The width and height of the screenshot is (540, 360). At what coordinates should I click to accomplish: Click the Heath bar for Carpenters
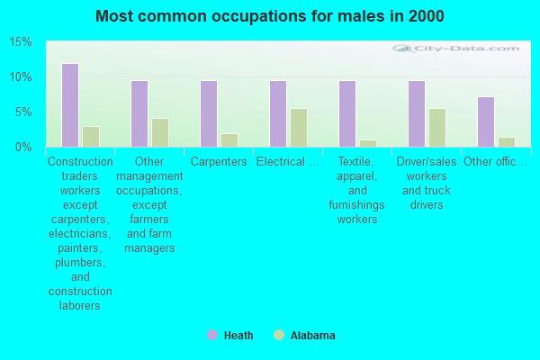(x=208, y=113)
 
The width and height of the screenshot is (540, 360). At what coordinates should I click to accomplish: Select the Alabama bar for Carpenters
(x=229, y=139)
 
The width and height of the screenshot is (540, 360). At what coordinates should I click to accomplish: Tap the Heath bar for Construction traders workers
(x=69, y=105)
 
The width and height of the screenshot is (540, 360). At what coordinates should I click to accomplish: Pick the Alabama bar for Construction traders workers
(x=91, y=136)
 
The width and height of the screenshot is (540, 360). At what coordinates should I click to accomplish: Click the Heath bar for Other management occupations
(x=139, y=113)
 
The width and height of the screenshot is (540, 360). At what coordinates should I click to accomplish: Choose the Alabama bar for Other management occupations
(x=160, y=132)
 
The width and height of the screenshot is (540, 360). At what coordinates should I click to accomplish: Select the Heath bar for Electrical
(x=277, y=113)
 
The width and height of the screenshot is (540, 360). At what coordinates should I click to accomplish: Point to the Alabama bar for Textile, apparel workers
(x=368, y=143)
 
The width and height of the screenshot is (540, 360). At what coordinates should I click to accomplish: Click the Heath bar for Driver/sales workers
(x=416, y=113)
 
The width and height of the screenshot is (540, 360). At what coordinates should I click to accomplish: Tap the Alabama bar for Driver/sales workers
(x=437, y=127)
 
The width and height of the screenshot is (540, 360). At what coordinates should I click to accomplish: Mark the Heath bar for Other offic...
(x=485, y=121)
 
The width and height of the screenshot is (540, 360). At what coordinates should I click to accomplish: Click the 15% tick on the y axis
(x=21, y=42)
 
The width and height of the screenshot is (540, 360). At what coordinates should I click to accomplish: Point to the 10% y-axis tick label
(x=21, y=77)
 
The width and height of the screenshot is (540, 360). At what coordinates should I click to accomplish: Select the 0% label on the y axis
(x=23, y=147)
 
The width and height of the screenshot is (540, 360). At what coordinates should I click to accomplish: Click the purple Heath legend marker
(x=212, y=335)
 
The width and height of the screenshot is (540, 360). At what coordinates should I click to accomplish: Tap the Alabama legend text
(x=312, y=336)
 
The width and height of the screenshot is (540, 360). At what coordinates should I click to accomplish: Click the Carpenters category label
(x=219, y=162)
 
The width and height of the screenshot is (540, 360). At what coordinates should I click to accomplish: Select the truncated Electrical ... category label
(x=287, y=162)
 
